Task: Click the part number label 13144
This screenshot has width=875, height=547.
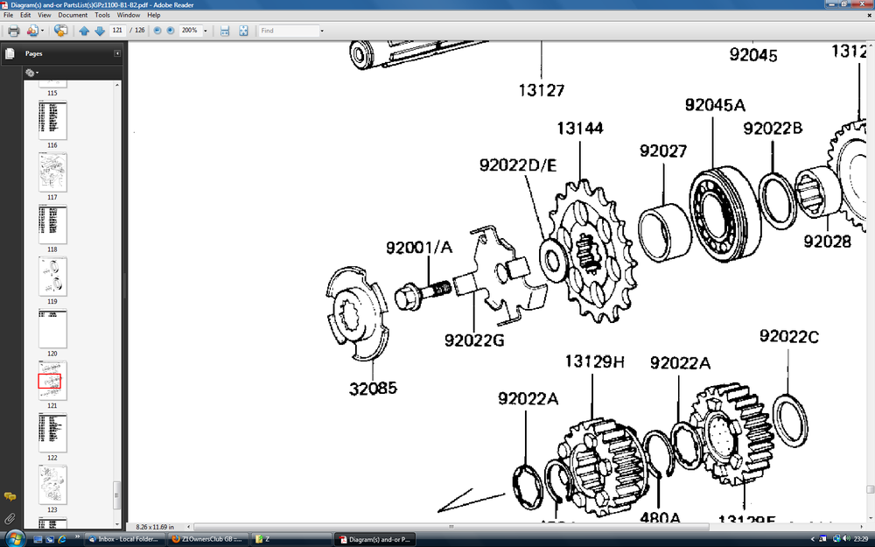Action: pos(579,130)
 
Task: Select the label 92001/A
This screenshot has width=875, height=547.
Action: pos(419,248)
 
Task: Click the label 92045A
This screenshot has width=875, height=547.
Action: pos(715,105)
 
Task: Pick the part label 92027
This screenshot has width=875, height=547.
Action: pos(662,151)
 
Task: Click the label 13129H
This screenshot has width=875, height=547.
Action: pos(594,361)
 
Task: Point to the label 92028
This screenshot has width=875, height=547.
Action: pos(827,241)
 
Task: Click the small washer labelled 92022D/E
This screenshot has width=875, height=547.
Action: pos(552,257)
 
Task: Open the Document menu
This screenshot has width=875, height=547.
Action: pos(73,15)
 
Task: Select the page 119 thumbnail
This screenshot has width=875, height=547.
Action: pos(52,277)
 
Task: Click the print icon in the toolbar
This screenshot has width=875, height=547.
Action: pos(13,31)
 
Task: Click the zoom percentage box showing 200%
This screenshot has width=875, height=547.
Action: pos(190,31)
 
